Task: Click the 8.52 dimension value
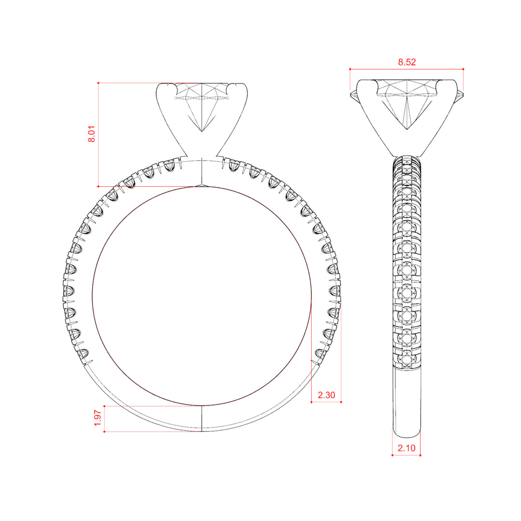pos(407,62)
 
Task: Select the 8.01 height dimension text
pos(91,134)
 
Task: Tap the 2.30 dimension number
pos(326,395)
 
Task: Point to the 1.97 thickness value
pos(97,418)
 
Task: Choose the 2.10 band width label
pos(406,448)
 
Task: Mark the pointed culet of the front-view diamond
pos(202,132)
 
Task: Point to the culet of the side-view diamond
pos(407,129)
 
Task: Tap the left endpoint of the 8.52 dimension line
pos(350,69)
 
